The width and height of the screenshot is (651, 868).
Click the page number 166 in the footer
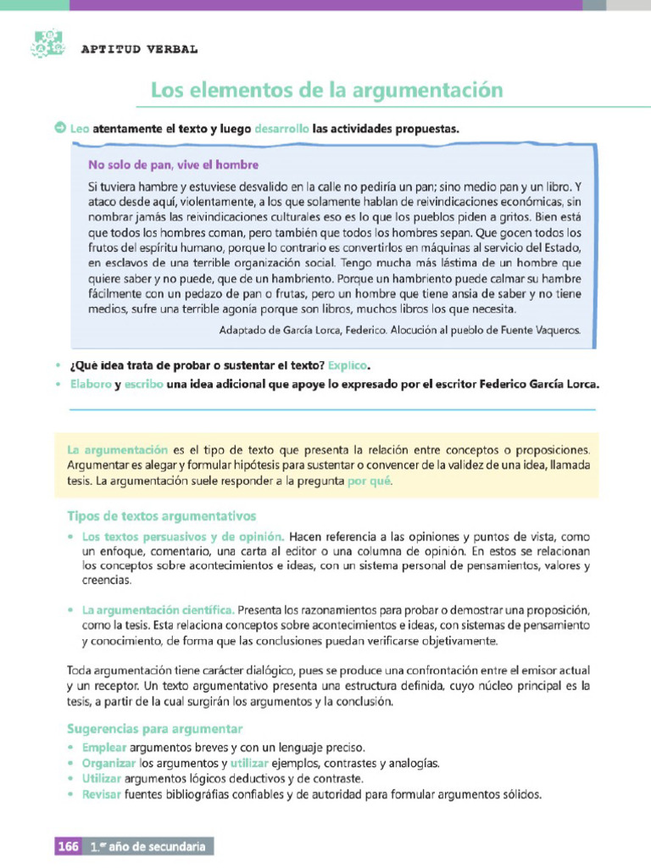[x=68, y=846]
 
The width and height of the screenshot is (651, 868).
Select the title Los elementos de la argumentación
[x=326, y=90]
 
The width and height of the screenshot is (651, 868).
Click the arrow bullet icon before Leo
[x=60, y=129]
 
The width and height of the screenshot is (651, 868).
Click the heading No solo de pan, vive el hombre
[x=173, y=164]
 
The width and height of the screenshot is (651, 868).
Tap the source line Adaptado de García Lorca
[x=399, y=331]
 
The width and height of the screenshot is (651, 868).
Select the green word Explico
[x=349, y=365]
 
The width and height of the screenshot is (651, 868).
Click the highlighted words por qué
[x=370, y=481]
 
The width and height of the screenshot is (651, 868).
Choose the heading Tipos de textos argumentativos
[x=161, y=516]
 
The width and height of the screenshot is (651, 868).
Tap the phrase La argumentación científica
[x=158, y=609]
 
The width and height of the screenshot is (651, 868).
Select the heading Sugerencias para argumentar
[x=154, y=729]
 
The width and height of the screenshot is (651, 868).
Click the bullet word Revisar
[x=102, y=795]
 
